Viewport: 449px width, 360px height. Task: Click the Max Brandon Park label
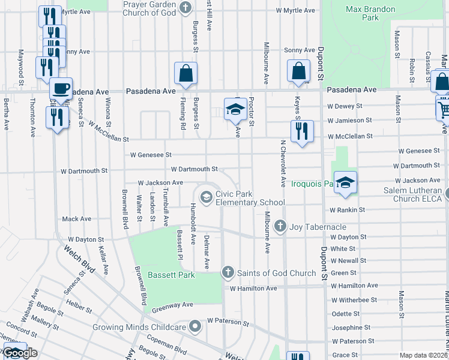363,14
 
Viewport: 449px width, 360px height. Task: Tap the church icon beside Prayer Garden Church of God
185,8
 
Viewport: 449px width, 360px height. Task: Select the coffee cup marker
61,89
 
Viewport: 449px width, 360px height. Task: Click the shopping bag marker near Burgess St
186,73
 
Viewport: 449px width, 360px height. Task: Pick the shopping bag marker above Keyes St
298,71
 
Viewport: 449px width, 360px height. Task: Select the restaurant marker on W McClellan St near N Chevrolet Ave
302,131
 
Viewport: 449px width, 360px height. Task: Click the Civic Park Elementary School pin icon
206,197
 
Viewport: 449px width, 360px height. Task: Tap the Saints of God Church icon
228,273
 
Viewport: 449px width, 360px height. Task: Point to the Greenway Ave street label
172,305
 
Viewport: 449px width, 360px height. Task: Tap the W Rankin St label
347,210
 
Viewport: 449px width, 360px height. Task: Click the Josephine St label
351,328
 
